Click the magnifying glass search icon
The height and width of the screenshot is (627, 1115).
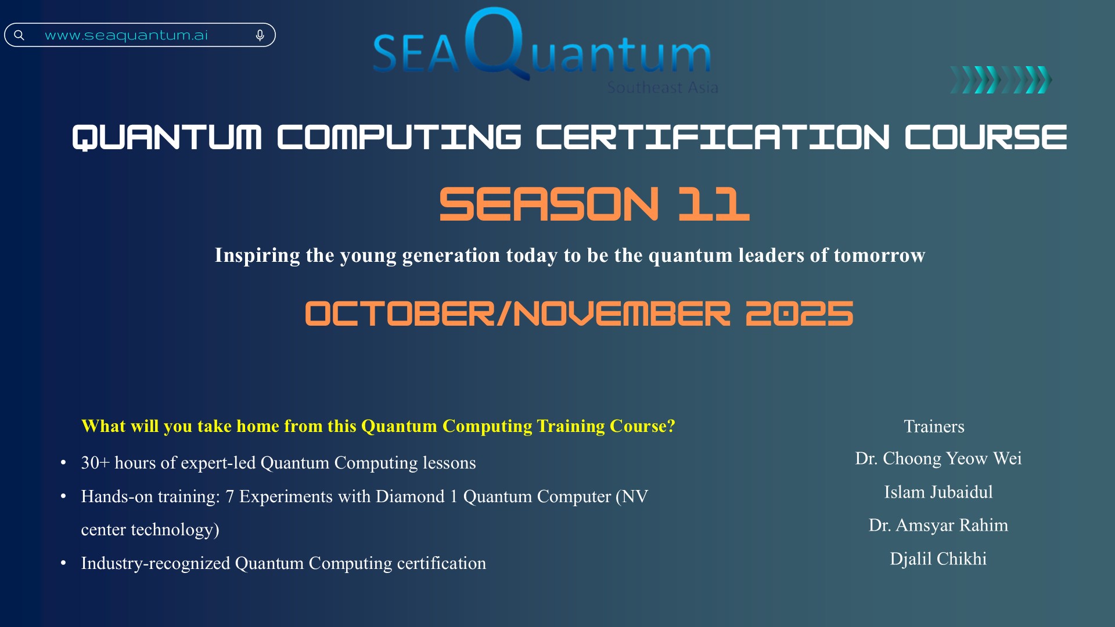click(x=19, y=35)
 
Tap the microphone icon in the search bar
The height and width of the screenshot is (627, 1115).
click(x=260, y=36)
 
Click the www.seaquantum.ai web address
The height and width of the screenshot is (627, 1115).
click(x=126, y=35)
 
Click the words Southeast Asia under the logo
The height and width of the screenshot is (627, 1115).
click(x=663, y=87)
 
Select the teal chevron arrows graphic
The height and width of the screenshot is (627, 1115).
click(x=1001, y=80)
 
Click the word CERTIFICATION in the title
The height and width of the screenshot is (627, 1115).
click(x=713, y=137)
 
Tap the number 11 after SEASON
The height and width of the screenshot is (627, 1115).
click(x=714, y=204)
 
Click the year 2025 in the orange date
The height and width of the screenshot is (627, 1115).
click(x=799, y=313)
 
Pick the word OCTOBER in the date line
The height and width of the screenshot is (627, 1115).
click(x=400, y=313)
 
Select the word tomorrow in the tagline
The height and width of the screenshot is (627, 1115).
click(x=879, y=255)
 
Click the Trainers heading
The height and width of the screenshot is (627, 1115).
click(x=934, y=426)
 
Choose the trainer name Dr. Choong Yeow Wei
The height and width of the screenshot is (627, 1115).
click(x=938, y=458)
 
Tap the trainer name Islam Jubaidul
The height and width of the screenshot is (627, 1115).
click(x=938, y=492)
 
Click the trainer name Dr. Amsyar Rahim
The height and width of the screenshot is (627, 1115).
click(x=938, y=525)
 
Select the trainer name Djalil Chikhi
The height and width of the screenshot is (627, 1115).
click(x=938, y=558)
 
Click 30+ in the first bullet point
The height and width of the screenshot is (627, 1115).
click(x=95, y=463)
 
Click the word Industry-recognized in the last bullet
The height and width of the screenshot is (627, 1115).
click(x=156, y=563)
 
